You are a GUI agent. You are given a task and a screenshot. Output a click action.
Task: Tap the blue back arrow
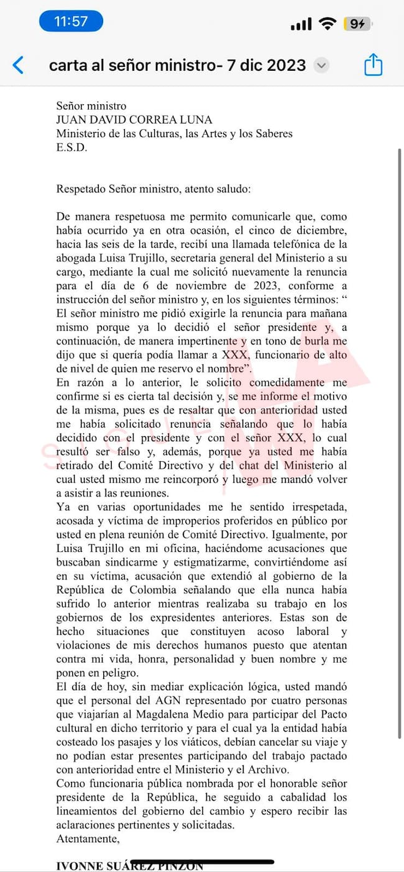(19, 65)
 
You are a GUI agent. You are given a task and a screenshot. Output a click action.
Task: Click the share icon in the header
(373, 65)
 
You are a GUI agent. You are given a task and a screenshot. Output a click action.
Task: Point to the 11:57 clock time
(71, 22)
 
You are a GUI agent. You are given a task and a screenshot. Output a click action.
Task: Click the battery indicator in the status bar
(358, 24)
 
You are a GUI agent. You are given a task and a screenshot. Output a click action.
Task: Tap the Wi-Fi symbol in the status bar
(327, 24)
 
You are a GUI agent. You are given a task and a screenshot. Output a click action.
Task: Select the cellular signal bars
(301, 24)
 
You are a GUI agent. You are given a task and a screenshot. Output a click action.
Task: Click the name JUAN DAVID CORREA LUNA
(134, 120)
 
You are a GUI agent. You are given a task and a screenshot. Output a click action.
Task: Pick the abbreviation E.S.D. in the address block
(72, 148)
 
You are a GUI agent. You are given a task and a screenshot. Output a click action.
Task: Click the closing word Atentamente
(88, 839)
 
